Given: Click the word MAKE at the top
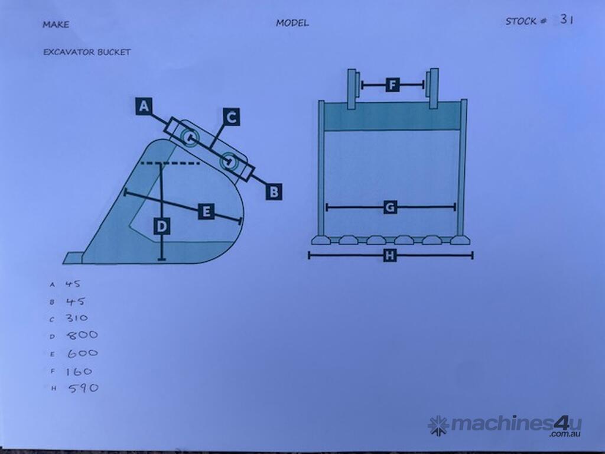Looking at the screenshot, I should click(56, 24).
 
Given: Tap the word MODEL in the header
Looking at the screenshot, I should click(292, 23).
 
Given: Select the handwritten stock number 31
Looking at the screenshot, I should click(567, 20).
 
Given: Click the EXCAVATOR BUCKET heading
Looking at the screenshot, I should click(87, 52).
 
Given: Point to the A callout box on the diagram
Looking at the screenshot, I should click(144, 106).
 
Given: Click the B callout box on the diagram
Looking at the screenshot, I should click(273, 192).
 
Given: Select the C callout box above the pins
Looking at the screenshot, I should click(232, 117).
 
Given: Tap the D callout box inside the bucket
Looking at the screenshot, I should click(161, 226).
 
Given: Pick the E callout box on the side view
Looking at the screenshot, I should click(206, 211).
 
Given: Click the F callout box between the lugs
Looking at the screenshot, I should click(393, 85).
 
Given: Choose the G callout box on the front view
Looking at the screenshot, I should click(390, 207).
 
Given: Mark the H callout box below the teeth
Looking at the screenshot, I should click(390, 255).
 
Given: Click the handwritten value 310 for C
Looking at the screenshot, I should click(77, 318).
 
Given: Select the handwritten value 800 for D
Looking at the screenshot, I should click(83, 335).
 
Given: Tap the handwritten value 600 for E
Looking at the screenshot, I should click(82, 354).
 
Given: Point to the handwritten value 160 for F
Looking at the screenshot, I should click(79, 371).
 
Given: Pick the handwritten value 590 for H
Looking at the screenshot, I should click(83, 388).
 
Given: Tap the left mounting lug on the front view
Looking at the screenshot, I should click(351, 89).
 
